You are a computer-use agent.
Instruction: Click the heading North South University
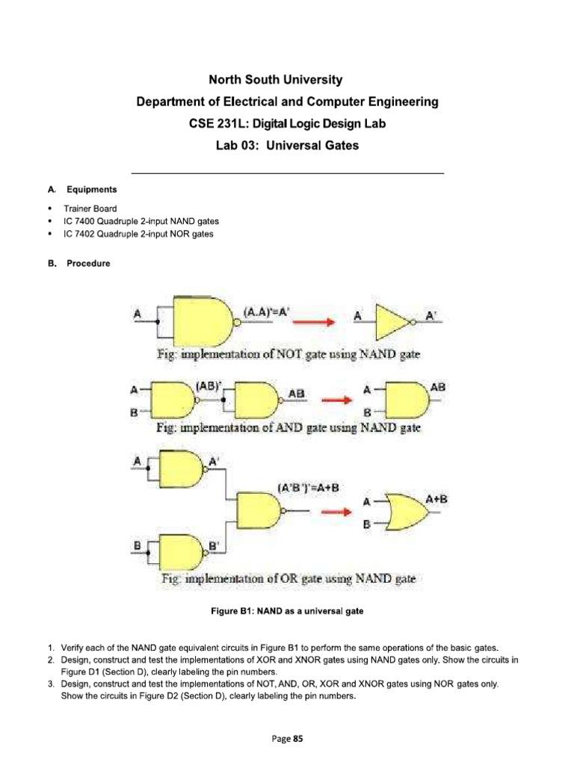tap(287, 79)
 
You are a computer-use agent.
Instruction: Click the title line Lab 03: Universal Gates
tap(287, 146)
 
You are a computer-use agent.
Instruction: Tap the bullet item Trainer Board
tap(90, 208)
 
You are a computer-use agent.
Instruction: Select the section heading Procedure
tap(88, 264)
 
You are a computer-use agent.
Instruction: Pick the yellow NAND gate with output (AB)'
tap(173, 400)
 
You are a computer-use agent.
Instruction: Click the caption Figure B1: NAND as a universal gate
tap(288, 611)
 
